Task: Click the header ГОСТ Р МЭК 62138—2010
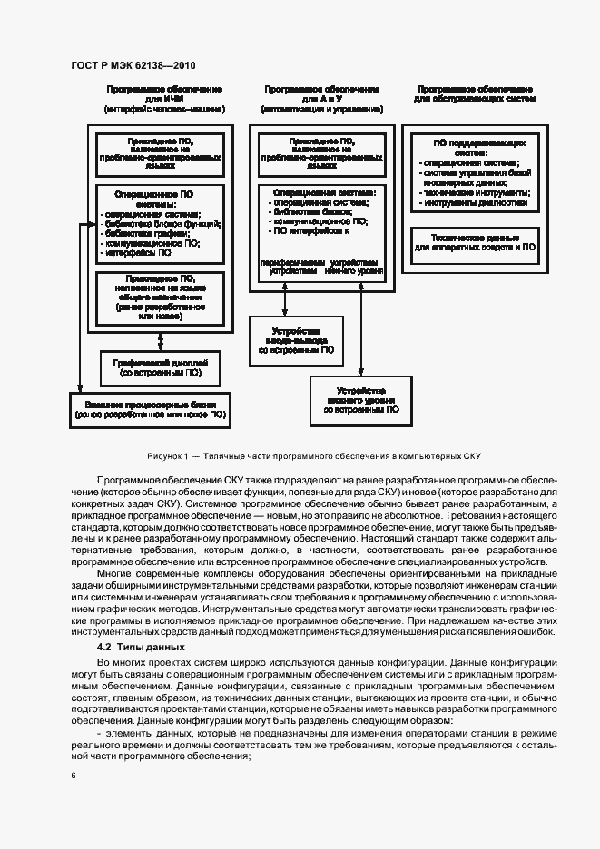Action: [x=133, y=66]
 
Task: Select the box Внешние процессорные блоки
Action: [x=151, y=408]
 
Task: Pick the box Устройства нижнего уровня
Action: [x=355, y=400]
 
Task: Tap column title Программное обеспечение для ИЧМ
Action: [x=164, y=99]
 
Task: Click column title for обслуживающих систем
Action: [x=474, y=94]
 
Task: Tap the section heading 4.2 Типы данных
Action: [x=140, y=647]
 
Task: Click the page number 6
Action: [x=73, y=775]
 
